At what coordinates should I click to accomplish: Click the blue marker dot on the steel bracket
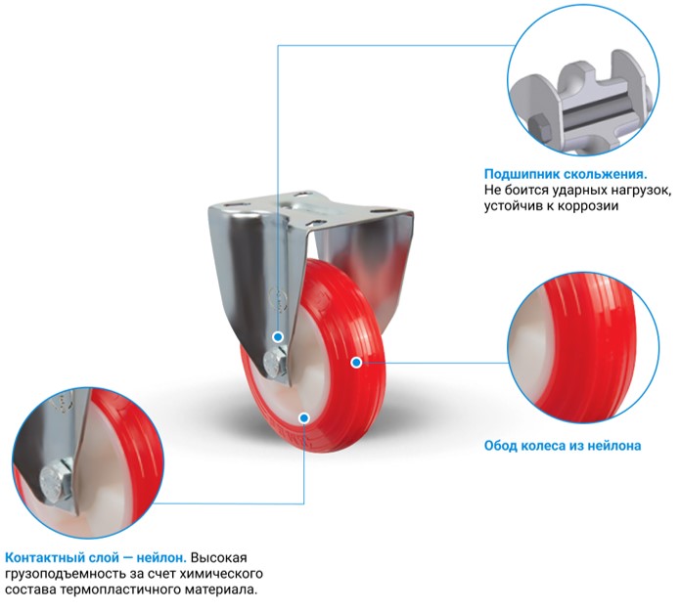point(278,336)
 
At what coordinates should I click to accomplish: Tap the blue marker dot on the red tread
point(356,363)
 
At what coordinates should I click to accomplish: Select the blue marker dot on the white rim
point(304,417)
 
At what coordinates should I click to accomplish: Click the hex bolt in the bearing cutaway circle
point(539,126)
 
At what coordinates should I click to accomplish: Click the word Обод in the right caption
point(500,446)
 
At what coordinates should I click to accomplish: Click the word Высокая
point(218,557)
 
